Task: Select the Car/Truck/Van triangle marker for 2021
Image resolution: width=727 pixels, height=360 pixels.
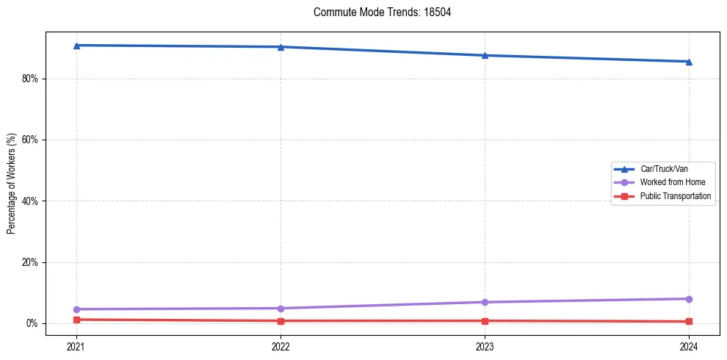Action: (76, 46)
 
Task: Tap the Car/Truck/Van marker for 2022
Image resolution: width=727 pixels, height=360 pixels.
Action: (281, 47)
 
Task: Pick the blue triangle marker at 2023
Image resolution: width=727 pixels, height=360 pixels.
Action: (485, 55)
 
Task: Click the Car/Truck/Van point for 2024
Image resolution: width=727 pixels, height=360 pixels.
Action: (689, 62)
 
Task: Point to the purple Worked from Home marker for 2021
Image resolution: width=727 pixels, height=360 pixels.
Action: (76, 309)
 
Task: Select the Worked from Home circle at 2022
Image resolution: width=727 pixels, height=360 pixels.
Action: (281, 309)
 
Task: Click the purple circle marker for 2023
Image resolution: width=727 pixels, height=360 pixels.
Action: (485, 302)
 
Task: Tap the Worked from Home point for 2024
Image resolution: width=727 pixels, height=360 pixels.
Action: (689, 299)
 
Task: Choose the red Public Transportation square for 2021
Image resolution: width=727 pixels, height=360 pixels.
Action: (76, 320)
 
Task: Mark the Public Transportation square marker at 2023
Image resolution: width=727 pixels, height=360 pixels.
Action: (485, 321)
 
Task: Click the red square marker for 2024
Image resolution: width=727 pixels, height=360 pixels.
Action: (689, 322)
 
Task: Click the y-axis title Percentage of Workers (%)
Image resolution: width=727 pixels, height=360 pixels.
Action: (12, 184)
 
